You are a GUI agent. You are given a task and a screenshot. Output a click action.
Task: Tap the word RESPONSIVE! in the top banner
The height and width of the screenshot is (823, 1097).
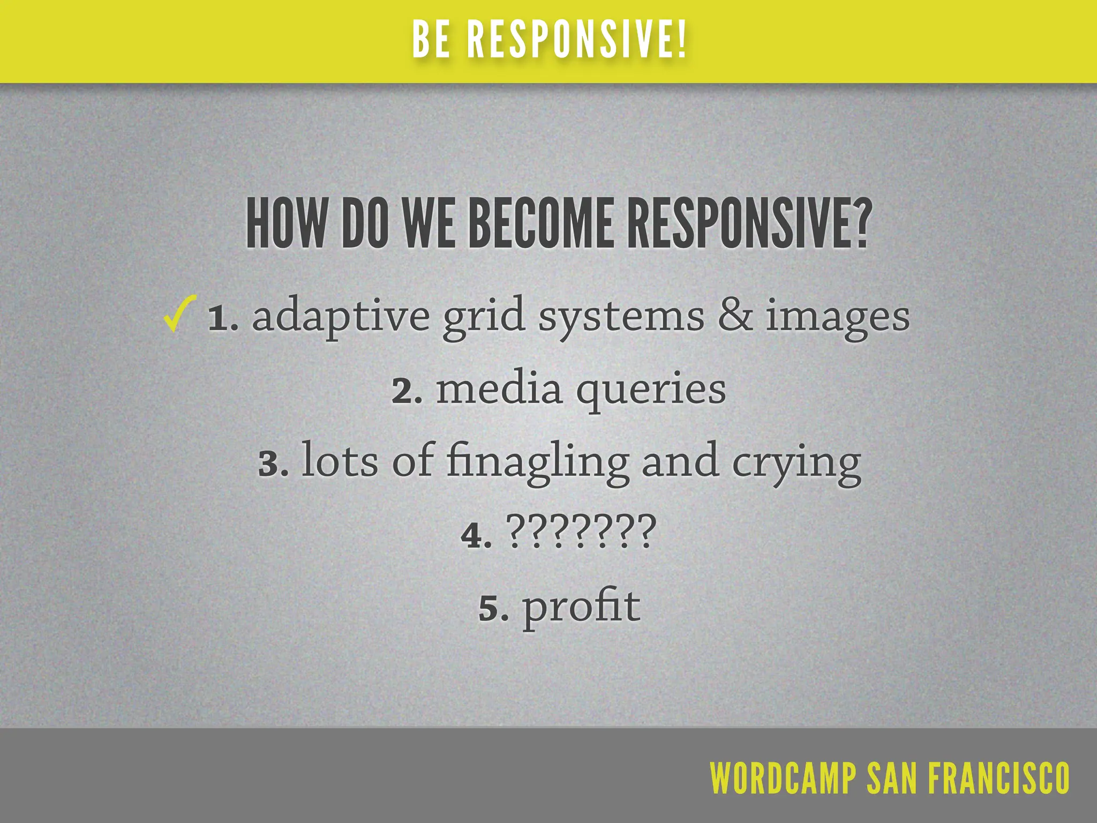(576, 40)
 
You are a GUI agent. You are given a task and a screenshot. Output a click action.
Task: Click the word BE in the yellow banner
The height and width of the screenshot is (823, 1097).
(431, 40)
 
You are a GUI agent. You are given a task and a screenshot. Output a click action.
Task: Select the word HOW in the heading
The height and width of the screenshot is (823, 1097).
(285, 223)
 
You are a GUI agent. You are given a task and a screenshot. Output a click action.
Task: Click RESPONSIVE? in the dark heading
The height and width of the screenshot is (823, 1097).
(747, 223)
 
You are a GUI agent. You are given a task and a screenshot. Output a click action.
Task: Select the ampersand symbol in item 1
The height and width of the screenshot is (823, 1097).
(734, 316)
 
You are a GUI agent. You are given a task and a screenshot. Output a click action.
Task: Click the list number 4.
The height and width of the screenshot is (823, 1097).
(476, 535)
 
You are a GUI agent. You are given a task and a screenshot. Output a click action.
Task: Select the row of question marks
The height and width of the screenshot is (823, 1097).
(581, 532)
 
